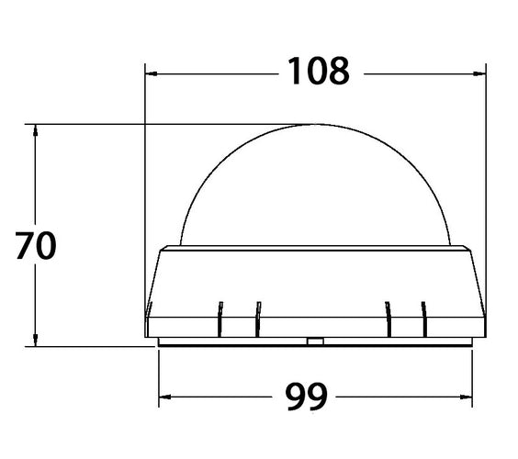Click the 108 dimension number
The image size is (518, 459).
[319, 71]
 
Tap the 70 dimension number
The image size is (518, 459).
[36, 245]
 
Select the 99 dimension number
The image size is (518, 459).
[306, 397]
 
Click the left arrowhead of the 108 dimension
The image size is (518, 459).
[151, 74]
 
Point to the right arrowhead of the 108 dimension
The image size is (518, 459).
[480, 74]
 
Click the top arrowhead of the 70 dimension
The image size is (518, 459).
[35, 130]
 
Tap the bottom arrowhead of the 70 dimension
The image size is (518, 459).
[35, 341]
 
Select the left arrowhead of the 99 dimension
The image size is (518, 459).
[164, 397]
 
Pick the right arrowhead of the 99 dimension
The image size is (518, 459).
[467, 397]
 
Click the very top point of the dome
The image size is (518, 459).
[316, 125]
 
